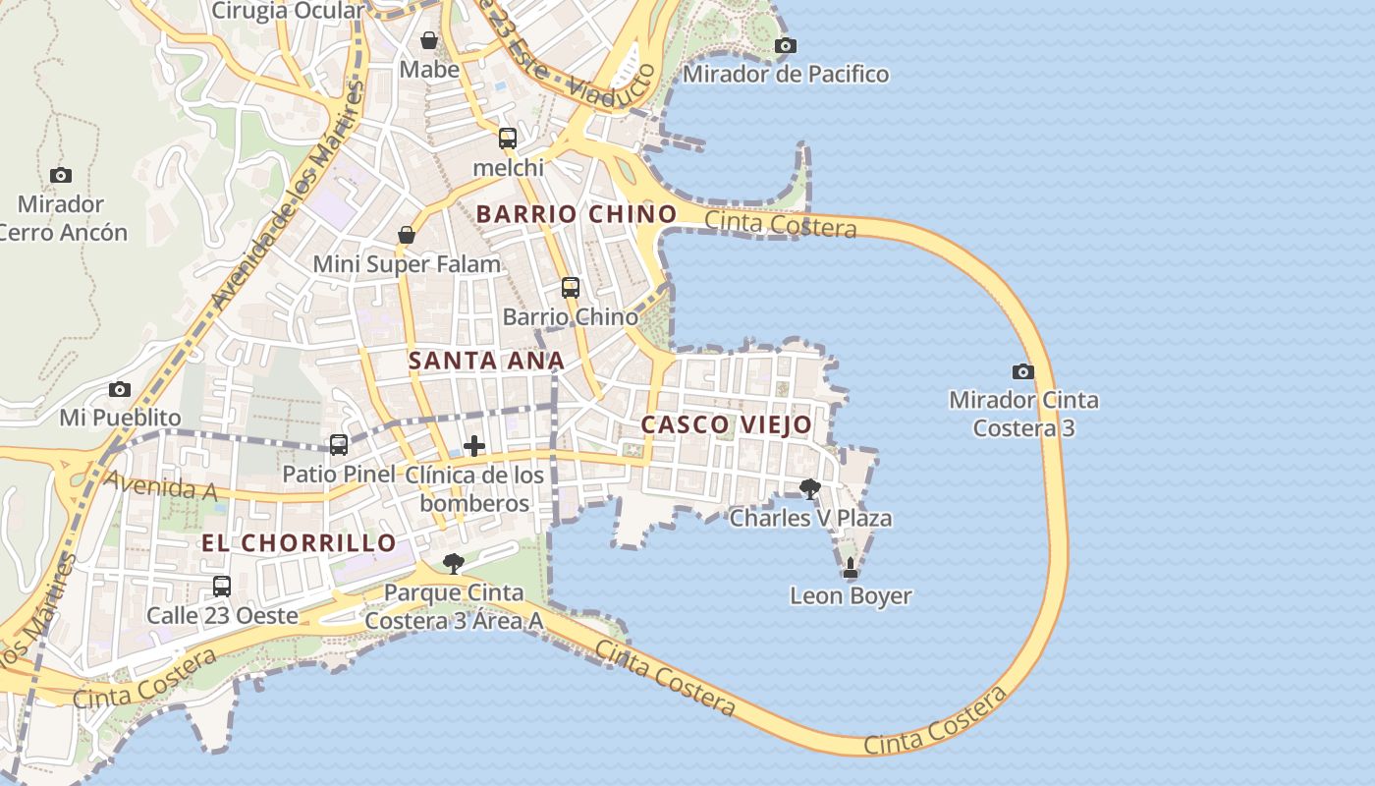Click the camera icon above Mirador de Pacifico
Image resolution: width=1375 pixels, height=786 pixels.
tap(785, 45)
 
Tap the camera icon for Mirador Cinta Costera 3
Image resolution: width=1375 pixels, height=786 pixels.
tap(1022, 371)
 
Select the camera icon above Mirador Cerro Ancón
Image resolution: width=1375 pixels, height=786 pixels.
tap(61, 175)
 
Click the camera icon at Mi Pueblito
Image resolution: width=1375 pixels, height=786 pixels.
tap(120, 389)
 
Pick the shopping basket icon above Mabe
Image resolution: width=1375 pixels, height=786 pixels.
tap(429, 40)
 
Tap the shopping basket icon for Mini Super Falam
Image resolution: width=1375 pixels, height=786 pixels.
tap(406, 235)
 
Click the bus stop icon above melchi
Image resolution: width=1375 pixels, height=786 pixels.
tap(507, 139)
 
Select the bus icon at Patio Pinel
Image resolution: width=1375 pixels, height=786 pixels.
tap(339, 445)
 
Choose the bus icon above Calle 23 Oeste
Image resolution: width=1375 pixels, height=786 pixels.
tap(222, 587)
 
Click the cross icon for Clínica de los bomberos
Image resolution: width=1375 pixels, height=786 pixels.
tap(474, 446)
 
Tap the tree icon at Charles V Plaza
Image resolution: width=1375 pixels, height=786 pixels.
tap(809, 488)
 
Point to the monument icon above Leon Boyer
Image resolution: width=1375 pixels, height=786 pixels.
tap(851, 568)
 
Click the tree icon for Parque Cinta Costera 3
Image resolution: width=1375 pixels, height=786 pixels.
tap(453, 563)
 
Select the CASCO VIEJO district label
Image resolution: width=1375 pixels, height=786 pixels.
tap(726, 425)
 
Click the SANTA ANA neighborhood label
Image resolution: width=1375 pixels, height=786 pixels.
tap(486, 361)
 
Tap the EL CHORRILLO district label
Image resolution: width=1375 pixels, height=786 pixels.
tap(299, 542)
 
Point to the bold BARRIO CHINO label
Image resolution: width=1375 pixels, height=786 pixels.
tap(577, 214)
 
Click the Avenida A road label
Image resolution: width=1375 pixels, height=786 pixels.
tap(161, 486)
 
